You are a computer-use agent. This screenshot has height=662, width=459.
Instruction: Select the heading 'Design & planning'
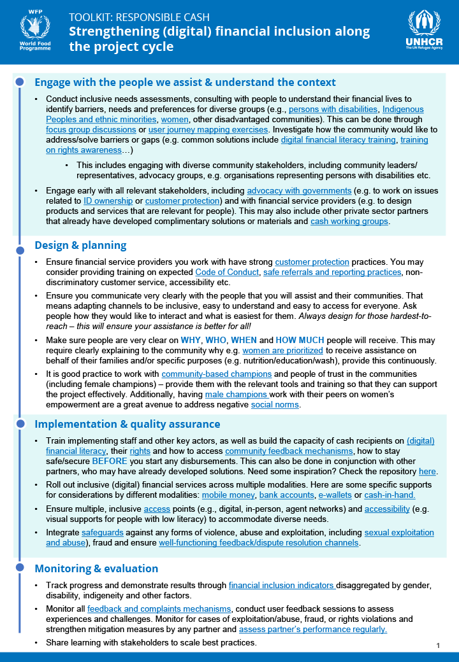point(80,245)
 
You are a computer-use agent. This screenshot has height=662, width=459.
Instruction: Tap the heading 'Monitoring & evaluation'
point(96,568)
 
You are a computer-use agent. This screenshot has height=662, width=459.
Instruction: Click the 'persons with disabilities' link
point(333,109)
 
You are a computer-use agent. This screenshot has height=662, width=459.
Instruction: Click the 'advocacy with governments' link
point(299,191)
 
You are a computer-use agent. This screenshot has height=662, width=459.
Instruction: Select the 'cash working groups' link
point(349,222)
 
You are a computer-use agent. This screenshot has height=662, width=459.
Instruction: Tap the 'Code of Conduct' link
point(225,272)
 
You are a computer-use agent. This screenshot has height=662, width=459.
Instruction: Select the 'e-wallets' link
point(336,495)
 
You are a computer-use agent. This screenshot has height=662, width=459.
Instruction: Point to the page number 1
point(439,645)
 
